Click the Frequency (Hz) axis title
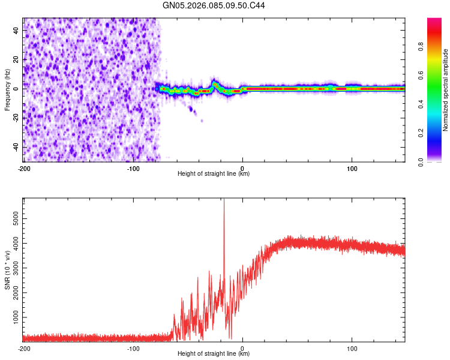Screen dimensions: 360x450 (7, 89)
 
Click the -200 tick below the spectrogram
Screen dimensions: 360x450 (24, 168)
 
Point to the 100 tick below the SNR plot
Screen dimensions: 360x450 (352, 348)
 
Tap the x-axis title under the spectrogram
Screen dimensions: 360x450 (214, 174)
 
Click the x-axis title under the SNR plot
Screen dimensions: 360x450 (214, 354)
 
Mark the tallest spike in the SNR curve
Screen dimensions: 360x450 (224, 202)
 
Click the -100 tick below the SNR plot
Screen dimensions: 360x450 (133, 348)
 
